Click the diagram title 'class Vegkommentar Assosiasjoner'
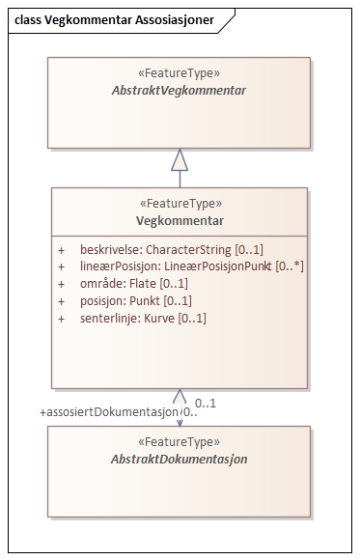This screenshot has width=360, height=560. pyautogui.click(x=113, y=18)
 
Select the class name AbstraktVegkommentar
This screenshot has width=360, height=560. pyautogui.click(x=180, y=91)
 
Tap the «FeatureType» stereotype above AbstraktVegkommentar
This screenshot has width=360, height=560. pyautogui.click(x=180, y=72)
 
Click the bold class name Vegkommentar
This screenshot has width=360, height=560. pyautogui.click(x=180, y=220)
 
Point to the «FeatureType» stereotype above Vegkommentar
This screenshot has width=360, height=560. pyautogui.click(x=180, y=204)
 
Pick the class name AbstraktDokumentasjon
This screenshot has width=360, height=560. pyautogui.click(x=180, y=460)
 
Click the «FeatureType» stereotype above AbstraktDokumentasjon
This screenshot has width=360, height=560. pyautogui.click(x=180, y=442)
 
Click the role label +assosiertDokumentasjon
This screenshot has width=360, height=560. pyautogui.click(x=109, y=412)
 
